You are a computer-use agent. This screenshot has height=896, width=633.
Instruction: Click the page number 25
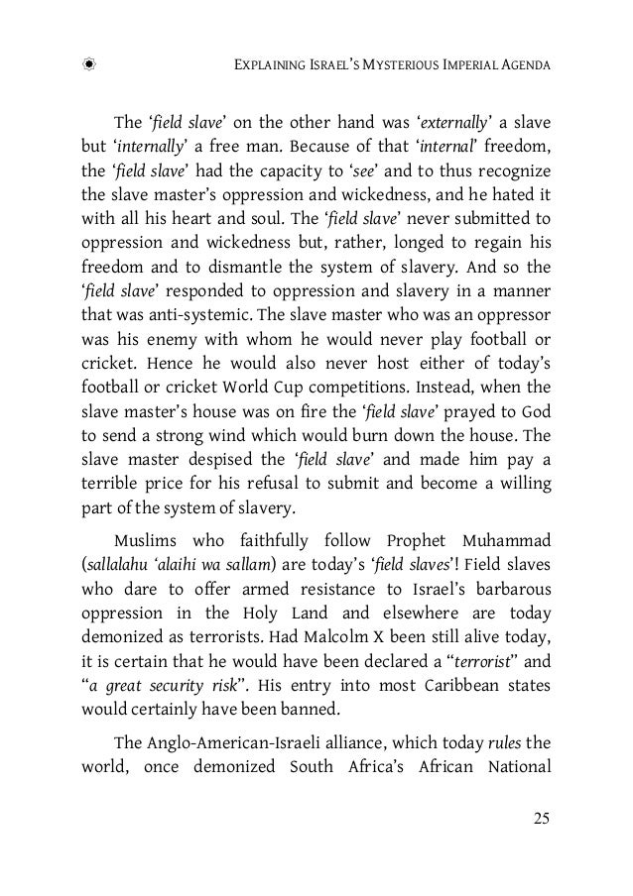tap(540, 818)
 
